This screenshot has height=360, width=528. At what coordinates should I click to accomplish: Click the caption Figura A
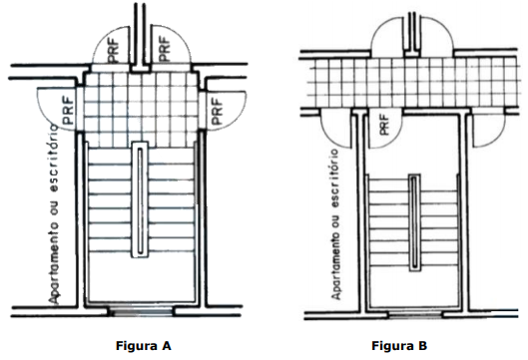tap(144, 345)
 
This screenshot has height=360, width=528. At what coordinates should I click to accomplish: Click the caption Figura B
tap(399, 345)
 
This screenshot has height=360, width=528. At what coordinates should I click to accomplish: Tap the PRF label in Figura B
tap(383, 125)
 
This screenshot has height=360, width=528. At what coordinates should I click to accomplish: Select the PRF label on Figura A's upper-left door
tap(114, 51)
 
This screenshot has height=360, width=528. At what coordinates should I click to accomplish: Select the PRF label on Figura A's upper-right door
tap(164, 49)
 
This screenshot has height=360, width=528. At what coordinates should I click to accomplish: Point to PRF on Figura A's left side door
tap(68, 111)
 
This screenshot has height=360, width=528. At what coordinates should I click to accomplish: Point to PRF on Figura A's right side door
tap(218, 111)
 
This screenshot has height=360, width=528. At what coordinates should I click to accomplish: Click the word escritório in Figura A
tap(54, 159)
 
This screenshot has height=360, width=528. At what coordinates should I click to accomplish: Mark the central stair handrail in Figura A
tap(140, 199)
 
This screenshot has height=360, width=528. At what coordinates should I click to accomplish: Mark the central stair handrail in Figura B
tap(414, 222)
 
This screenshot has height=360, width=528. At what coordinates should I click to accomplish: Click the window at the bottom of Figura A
tap(141, 311)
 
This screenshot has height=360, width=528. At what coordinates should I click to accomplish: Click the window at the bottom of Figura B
tap(415, 315)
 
